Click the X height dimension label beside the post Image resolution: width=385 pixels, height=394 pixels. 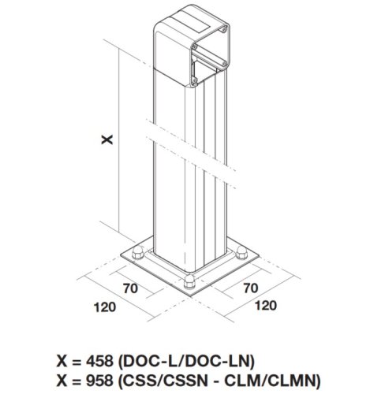pos(107,139)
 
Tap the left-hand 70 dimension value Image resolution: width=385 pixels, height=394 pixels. pos(130,288)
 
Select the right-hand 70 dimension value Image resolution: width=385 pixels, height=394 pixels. pos(250,288)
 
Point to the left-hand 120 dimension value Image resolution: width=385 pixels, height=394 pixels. pos(105,307)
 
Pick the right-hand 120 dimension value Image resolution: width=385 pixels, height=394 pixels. pos(266,306)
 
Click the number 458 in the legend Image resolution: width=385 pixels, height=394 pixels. pos(99,361)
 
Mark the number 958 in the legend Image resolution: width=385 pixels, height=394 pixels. pos(99,380)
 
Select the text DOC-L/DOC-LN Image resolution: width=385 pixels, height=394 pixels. pos(186,361)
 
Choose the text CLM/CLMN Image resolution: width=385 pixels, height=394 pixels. pos(273,380)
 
